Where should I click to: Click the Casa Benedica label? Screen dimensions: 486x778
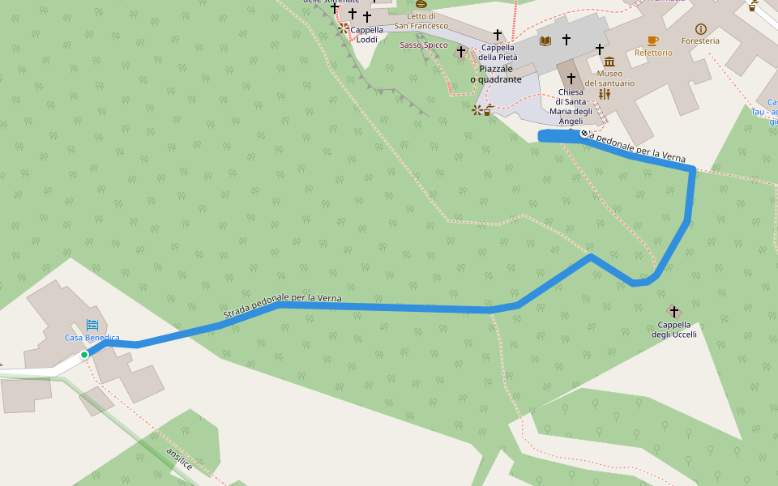(x=92, y=338)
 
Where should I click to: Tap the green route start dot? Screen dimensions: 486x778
(x=84, y=355)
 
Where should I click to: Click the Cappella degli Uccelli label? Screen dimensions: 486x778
(x=673, y=330)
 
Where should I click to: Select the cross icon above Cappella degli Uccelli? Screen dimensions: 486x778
(x=673, y=311)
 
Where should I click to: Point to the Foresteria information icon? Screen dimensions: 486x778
(x=701, y=29)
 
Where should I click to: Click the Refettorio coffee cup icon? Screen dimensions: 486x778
(x=652, y=40)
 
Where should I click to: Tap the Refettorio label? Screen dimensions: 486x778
(x=653, y=53)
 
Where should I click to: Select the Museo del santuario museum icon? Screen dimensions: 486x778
(x=609, y=62)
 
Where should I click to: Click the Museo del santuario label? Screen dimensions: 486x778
(x=609, y=78)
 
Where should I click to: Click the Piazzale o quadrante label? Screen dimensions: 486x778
(x=496, y=74)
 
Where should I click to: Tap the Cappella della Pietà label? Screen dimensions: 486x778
(x=498, y=52)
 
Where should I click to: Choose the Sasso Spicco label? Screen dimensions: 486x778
(x=423, y=45)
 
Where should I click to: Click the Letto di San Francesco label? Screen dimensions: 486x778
(x=421, y=21)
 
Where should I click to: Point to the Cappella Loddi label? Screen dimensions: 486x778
(x=366, y=35)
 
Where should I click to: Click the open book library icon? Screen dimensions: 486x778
(x=545, y=40)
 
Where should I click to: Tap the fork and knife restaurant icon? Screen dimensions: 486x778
(x=604, y=94)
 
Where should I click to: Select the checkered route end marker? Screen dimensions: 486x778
(x=583, y=133)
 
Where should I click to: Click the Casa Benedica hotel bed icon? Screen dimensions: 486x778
(x=92, y=324)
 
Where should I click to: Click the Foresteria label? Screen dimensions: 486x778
(x=700, y=41)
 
